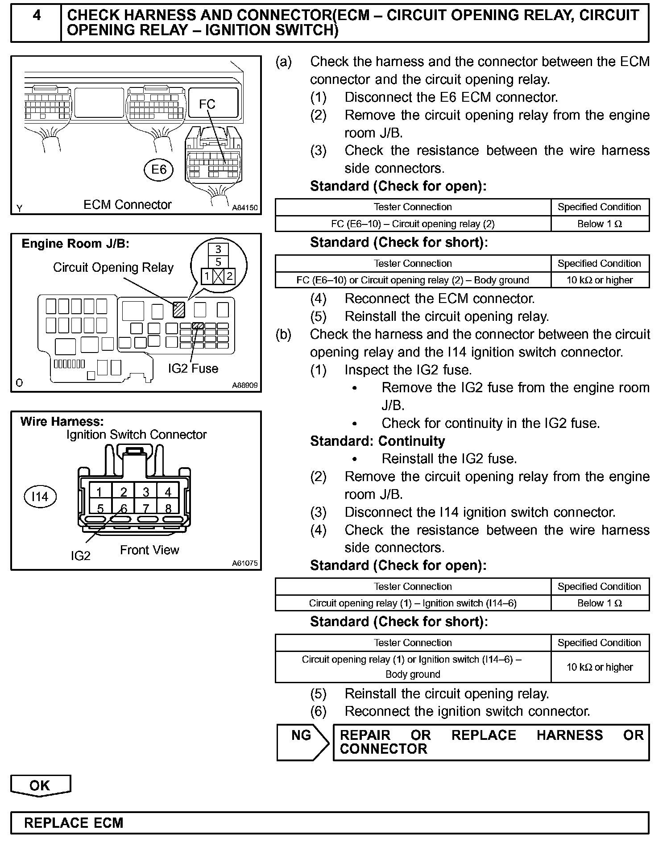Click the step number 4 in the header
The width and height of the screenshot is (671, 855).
pos(37,16)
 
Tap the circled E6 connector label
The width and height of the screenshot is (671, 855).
pos(159,170)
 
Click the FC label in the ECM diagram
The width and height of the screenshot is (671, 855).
pos(207,104)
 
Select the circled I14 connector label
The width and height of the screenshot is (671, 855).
pos(40,497)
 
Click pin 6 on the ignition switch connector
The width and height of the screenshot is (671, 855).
pos(124,508)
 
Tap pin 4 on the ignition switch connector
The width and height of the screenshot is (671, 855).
pos(168,492)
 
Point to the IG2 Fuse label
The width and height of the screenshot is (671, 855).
pos(193,369)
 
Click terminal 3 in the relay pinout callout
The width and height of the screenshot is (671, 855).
pos(218,249)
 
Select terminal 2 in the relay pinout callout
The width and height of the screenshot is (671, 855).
pos(229,276)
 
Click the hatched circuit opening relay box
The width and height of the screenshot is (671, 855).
pos(179,310)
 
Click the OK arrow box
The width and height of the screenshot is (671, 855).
pos(40,785)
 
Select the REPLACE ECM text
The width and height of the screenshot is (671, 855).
pos(74,823)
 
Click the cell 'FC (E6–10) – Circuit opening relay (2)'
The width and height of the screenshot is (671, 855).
pos(413,224)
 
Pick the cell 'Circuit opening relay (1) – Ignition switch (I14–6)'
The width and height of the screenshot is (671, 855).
pos(413,603)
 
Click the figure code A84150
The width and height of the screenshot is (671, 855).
pos(245,208)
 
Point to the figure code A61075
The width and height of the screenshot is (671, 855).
pos(245,563)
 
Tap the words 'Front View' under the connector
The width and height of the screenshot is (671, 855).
pos(149,550)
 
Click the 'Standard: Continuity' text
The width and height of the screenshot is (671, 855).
pos(377,441)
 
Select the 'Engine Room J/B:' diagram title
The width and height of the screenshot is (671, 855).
pos(75,244)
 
